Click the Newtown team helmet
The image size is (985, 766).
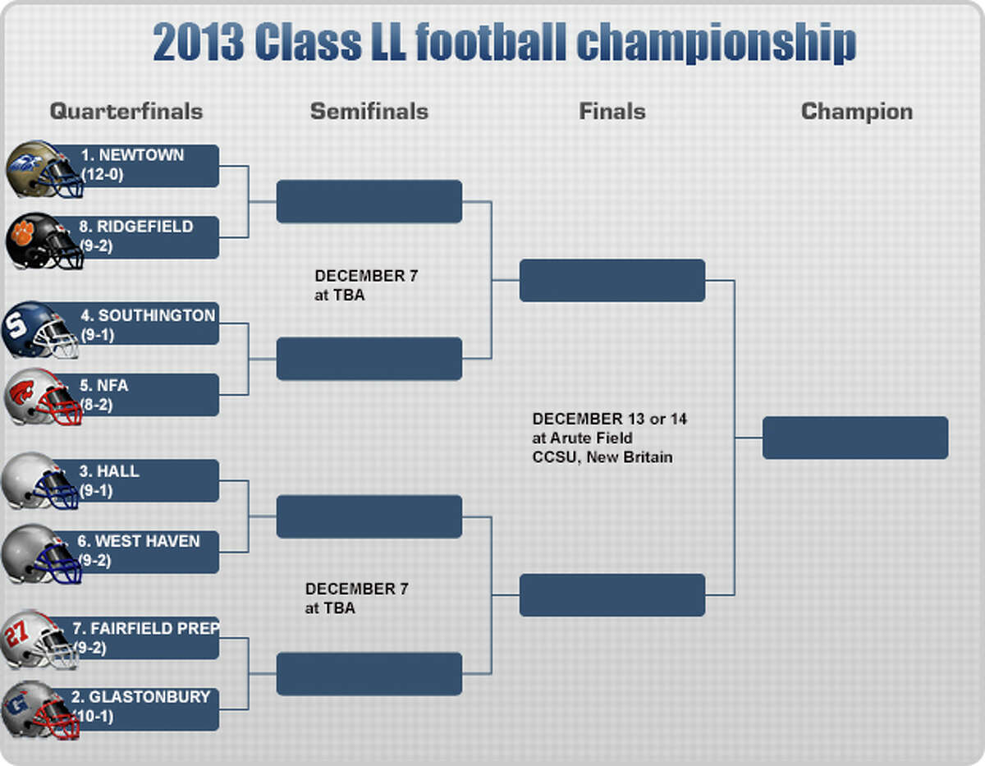click(44, 169)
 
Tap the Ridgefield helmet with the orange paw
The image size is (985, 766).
click(44, 241)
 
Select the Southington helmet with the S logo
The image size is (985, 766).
click(40, 330)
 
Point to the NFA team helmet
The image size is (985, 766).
click(43, 397)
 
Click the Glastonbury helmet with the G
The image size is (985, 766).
click(41, 710)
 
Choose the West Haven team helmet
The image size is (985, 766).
click(41, 554)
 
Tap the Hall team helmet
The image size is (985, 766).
click(40, 481)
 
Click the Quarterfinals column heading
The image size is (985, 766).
click(126, 112)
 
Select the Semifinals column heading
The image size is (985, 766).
click(369, 112)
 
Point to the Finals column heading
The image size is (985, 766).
click(612, 112)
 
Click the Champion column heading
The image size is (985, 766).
click(857, 112)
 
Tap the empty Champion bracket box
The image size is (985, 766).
click(855, 438)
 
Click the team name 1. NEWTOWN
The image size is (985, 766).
click(132, 155)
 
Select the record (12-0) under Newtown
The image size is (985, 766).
click(103, 175)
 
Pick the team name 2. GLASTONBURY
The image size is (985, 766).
click(140, 697)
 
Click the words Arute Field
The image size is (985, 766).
click(591, 438)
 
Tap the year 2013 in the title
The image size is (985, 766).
click(199, 42)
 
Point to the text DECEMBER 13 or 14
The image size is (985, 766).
click(610, 419)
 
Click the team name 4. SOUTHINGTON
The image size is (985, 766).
click(149, 315)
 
